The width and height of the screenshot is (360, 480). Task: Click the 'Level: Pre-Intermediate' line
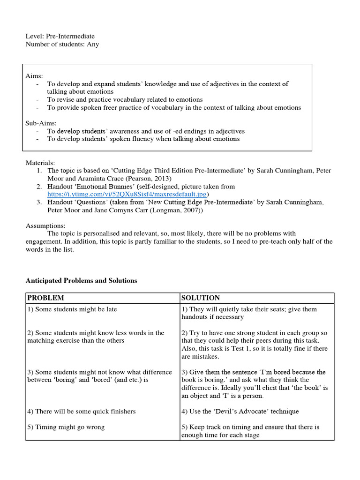60,36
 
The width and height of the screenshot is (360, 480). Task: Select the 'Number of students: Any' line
62,44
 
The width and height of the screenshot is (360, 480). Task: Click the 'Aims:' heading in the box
34,76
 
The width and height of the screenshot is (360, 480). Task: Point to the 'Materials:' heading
41,163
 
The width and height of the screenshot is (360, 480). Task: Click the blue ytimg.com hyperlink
127,194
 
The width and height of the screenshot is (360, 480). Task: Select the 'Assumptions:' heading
45,225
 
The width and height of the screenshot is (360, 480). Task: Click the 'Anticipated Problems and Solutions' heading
81,280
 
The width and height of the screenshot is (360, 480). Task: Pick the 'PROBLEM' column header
45,298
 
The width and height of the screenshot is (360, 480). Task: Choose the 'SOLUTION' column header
201,298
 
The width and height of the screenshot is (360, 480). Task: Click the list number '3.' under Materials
39,202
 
